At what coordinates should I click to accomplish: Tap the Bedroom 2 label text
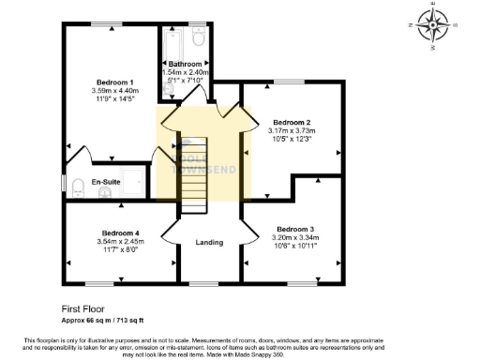click(292, 122)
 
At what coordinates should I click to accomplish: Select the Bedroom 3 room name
click(295, 229)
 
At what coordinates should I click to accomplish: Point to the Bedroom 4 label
click(120, 232)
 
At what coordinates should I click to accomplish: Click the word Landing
click(208, 243)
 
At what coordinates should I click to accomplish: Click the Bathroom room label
click(186, 64)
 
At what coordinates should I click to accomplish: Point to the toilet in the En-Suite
click(105, 193)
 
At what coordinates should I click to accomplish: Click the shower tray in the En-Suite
click(134, 182)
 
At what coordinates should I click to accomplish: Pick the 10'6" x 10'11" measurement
click(295, 247)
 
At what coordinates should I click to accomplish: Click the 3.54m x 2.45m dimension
click(120, 241)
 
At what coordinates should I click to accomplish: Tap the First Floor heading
click(83, 307)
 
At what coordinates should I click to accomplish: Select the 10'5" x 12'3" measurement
click(292, 140)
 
